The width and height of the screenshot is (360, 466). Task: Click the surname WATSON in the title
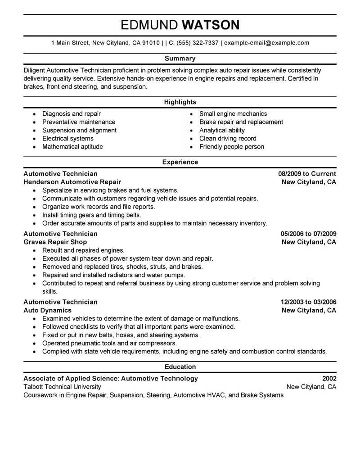pos(210,24)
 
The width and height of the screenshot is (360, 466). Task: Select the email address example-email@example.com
pos(266,43)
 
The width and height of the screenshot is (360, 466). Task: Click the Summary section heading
pos(180,59)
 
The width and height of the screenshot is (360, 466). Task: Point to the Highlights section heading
pos(180,102)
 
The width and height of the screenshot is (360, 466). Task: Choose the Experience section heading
pos(180,162)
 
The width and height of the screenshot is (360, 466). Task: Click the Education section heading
pos(180,367)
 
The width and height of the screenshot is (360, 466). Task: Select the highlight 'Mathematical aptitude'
pos(72,147)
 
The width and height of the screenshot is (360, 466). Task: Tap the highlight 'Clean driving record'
pos(228,139)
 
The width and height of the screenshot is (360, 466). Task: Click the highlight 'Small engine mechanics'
pos(233,114)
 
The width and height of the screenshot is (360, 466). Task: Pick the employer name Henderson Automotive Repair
pos(72,182)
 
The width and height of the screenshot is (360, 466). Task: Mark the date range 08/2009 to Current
pos(307,174)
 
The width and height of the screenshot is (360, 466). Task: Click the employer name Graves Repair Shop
pos(55,242)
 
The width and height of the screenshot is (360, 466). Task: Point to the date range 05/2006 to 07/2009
pos(308,234)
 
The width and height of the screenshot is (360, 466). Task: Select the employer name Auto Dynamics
pos(47,310)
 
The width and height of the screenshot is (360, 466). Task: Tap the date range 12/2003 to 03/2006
pos(308,302)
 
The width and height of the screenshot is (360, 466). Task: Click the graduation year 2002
pos(329,379)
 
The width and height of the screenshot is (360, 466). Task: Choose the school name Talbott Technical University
pos(62,387)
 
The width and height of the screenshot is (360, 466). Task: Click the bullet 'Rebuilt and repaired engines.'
pos(83,250)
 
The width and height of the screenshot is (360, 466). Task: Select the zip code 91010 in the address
pos(150,43)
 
